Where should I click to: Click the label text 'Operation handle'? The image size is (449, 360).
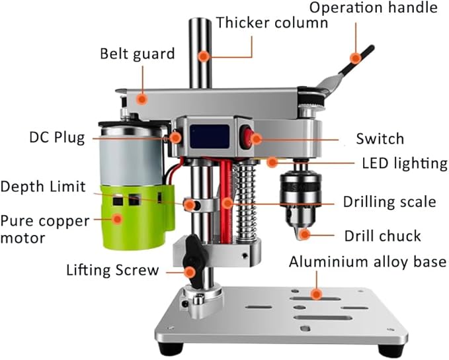click(373, 9)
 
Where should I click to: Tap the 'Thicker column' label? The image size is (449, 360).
click(272, 23)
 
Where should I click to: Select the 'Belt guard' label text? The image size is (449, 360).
click(138, 53)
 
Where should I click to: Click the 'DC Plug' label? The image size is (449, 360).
click(57, 138)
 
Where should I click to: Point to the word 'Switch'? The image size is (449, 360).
click(380, 139)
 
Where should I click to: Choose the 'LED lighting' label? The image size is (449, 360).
click(404, 163)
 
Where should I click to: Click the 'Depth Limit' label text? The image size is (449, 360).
click(43, 187)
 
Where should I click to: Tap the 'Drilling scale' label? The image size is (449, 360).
click(389, 202)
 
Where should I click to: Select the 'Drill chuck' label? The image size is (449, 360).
click(383, 235)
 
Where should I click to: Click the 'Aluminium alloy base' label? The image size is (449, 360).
click(368, 262)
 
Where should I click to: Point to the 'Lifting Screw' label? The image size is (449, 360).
click(112, 270)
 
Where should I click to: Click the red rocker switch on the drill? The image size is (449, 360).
click(250, 138)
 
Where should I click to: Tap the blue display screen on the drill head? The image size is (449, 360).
click(210, 137)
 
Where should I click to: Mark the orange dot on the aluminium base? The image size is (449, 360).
click(317, 292)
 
